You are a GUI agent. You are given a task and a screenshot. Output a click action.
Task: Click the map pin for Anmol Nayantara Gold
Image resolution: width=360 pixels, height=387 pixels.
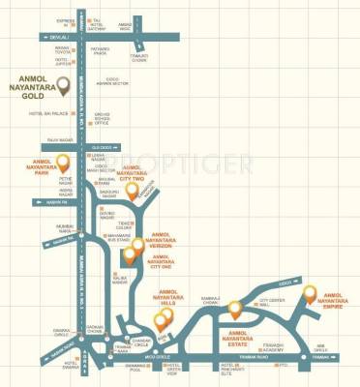click(x=64, y=88)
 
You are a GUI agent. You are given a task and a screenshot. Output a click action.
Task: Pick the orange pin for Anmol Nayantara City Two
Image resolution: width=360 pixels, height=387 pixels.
click(x=133, y=191)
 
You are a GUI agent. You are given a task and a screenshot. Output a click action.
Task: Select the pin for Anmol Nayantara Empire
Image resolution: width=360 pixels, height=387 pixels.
click(x=309, y=293)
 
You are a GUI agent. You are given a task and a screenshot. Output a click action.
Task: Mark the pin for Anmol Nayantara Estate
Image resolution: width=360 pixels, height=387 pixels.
click(x=233, y=310)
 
